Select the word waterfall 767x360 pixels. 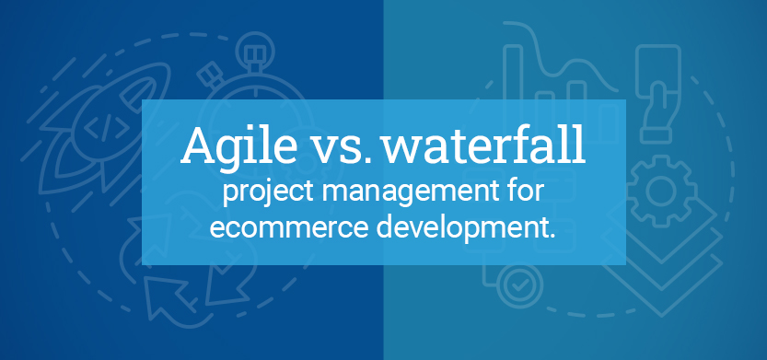483,145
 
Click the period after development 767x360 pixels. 552,237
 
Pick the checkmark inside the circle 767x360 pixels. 519,286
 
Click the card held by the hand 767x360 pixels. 658,71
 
